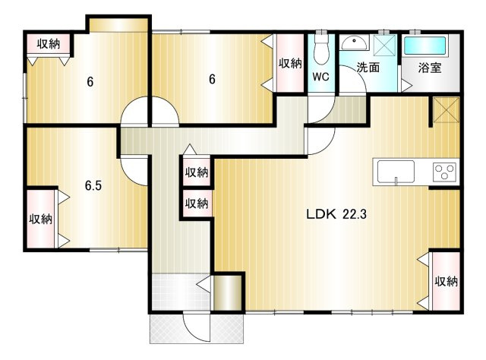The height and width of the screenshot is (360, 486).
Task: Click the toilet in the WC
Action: click(321, 49)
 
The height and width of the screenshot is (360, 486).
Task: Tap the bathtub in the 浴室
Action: click(425, 46)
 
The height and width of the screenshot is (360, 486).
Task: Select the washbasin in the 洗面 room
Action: click(355, 43)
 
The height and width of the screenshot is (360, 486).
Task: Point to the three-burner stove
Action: click(445, 172)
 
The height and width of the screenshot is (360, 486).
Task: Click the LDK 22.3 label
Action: click(336, 214)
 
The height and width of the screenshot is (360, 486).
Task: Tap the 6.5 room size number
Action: click(93, 185)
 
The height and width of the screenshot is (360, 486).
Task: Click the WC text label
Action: click(320, 77)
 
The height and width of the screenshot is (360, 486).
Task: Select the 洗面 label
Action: click(368, 67)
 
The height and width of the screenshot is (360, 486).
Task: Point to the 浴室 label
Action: click(430, 68)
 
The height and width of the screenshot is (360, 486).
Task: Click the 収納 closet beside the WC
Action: click(290, 63)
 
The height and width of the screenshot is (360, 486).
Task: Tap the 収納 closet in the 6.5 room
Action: click(41, 219)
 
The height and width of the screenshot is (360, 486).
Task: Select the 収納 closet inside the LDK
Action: click(446, 281)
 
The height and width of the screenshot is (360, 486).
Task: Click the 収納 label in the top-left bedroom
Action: click(49, 44)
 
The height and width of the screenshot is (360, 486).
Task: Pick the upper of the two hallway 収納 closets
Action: click(197, 172)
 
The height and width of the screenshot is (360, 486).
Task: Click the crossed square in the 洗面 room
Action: click(385, 46)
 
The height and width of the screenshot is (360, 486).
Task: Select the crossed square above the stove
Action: click(447, 110)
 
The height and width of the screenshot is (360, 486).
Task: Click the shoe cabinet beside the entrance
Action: click(228, 292)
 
